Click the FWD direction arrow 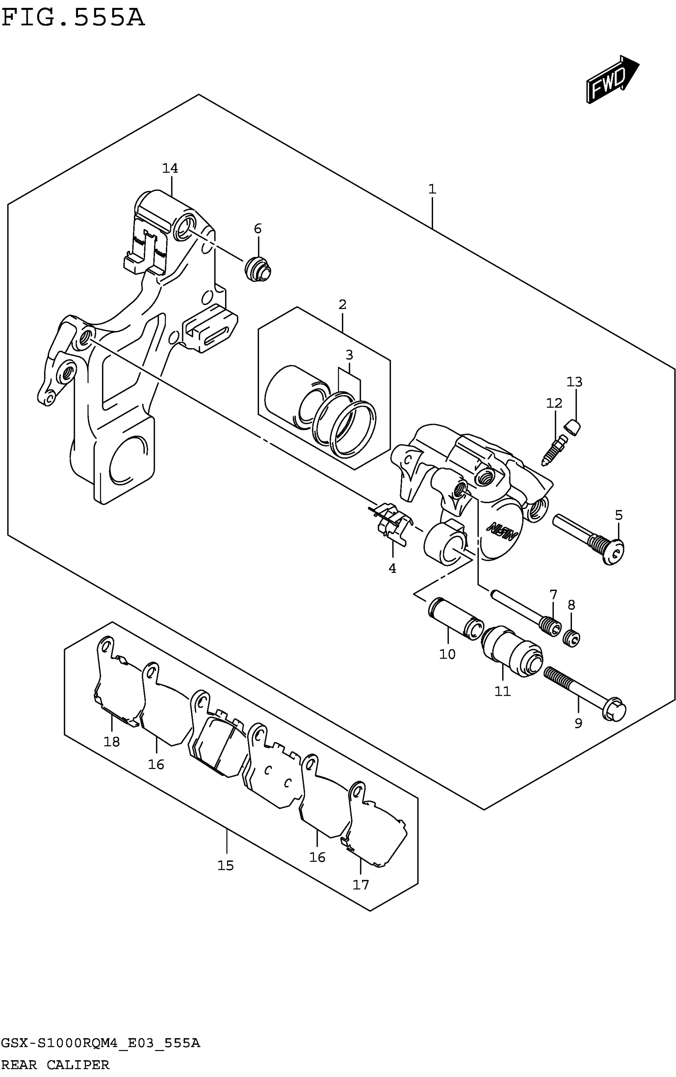coord(612,80)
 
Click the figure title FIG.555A coord(73,18)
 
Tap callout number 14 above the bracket coord(170,169)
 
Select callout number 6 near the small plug coord(258,229)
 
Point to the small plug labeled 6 coord(258,269)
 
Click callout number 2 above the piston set coord(342,305)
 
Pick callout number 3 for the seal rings coord(349,355)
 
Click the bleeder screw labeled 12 coord(555,451)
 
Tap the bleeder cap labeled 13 coord(572,428)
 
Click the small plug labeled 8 coord(572,637)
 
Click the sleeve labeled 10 coord(455,618)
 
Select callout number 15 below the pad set coord(226,866)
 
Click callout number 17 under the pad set coord(361,885)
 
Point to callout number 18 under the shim coord(112,742)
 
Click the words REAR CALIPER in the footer coord(55,1065)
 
